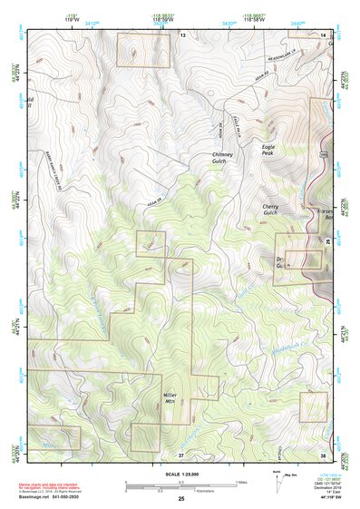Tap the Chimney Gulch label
[223, 158]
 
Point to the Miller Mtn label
[170, 398]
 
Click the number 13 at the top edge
[181, 34]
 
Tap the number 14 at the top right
[324, 34]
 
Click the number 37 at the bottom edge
[181, 454]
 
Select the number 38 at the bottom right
[323, 454]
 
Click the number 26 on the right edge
[327, 240]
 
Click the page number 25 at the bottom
[180, 499]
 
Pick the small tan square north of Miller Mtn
[150, 243]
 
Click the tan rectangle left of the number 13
[143, 49]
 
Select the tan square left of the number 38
[313, 406]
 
